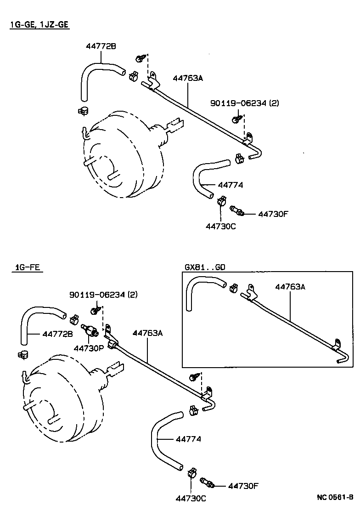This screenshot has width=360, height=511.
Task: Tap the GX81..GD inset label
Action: pos(205,267)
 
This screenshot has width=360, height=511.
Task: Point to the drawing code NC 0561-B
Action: pos(335,497)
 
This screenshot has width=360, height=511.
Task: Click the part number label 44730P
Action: pos(89,348)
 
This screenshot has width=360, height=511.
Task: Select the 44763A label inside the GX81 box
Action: pos(290,287)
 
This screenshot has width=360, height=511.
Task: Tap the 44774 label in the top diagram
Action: pos(230,185)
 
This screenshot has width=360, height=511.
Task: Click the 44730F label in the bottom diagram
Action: pos(243,486)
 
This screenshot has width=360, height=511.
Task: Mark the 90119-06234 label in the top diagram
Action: pos(244,103)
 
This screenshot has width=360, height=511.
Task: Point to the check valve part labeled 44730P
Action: pos(89,330)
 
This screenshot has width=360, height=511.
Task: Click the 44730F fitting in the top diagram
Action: pos(237,211)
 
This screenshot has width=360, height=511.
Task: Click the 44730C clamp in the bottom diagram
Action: pos(191,473)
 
